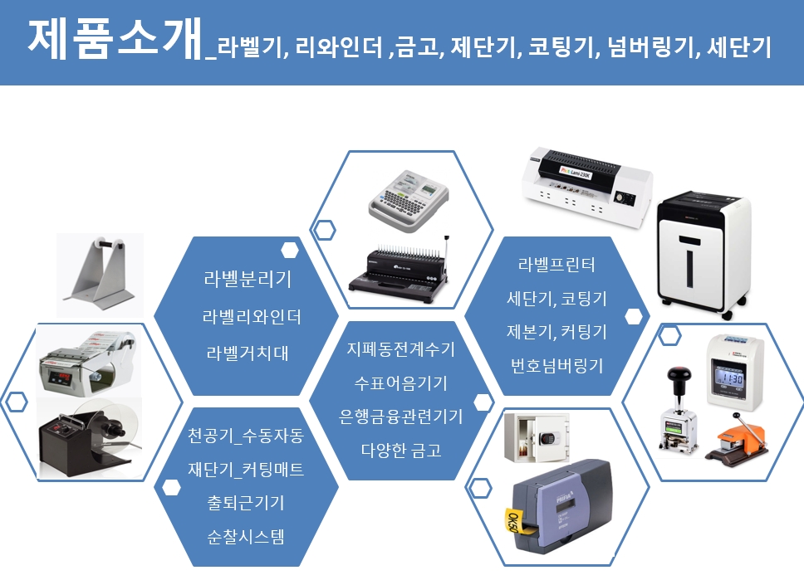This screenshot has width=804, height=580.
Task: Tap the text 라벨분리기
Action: [248, 280]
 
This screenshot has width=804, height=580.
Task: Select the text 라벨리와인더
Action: [252, 317]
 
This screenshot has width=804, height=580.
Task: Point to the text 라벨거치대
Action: [248, 353]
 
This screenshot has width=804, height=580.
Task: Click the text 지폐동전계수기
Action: [401, 349]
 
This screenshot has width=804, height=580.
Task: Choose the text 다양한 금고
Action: [401, 451]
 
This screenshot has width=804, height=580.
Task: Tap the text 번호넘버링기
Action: [556, 366]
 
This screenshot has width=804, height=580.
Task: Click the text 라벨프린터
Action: [556, 265]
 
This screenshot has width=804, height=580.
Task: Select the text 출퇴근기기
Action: [246, 503]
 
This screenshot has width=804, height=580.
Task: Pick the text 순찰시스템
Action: [246, 537]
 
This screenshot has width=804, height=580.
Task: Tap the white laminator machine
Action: [586, 187]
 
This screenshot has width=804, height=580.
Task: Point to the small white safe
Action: [537, 437]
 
